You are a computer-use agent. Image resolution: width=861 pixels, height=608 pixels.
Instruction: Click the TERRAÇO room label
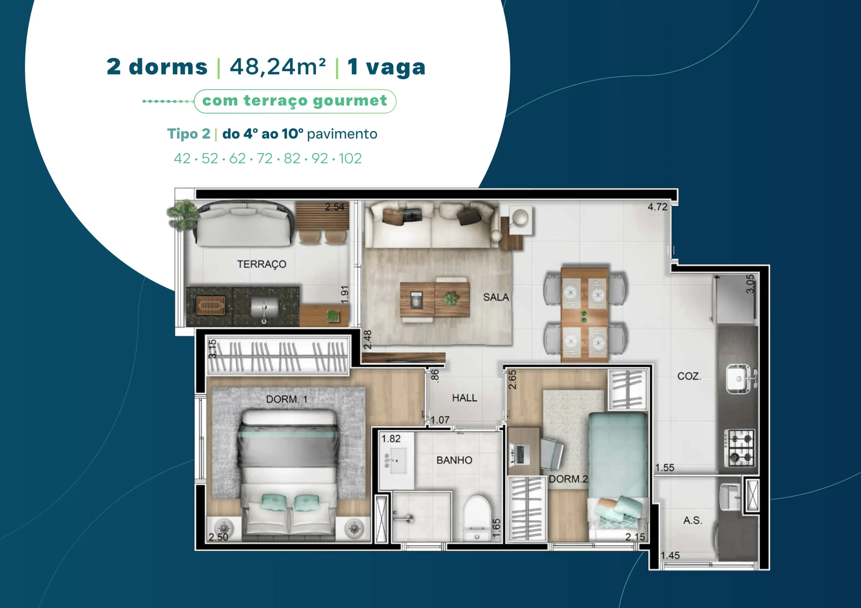click(261, 264)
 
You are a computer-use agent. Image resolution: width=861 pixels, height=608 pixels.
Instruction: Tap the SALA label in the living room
click(496, 297)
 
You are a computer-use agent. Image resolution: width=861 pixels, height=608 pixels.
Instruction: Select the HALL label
click(464, 397)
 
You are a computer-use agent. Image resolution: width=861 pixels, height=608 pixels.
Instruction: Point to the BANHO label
click(454, 460)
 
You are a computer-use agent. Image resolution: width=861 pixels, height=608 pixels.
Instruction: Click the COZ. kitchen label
click(689, 376)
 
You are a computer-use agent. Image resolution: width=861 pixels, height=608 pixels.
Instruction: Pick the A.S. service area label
click(692, 520)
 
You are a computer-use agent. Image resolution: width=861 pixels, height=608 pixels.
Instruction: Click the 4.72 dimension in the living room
click(658, 207)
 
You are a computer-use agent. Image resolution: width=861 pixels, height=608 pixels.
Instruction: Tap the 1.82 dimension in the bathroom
click(391, 439)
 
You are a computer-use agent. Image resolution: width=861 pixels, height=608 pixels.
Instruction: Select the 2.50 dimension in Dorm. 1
click(218, 537)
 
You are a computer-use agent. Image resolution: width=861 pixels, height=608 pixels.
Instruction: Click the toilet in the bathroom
click(477, 519)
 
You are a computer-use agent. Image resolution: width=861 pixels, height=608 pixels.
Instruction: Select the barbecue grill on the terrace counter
click(211, 305)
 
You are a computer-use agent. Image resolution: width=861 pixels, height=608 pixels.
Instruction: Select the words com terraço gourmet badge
click(295, 101)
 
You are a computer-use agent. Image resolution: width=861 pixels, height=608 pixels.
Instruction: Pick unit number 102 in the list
click(350, 158)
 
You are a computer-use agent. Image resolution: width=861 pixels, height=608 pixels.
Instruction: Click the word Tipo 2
click(189, 134)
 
